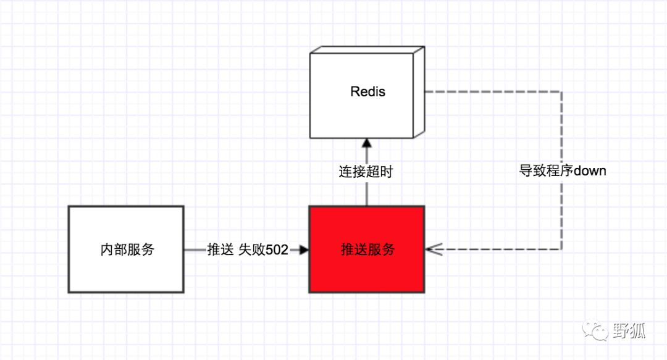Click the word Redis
pyautogui.click(x=367, y=92)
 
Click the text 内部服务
pyautogui.click(x=127, y=249)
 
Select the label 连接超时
pyautogui.click(x=366, y=172)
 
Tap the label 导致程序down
pyautogui.click(x=563, y=171)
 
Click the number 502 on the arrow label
pyautogui.click(x=277, y=249)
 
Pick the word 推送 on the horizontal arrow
pyautogui.click(x=220, y=249)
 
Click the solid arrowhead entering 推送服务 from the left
pyautogui.click(x=303, y=249)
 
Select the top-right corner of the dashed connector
pyautogui.click(x=561, y=91)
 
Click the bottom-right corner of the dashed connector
pyautogui.click(x=561, y=249)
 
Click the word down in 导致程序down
pyautogui.click(x=590, y=171)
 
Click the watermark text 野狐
pyautogui.click(x=629, y=331)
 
